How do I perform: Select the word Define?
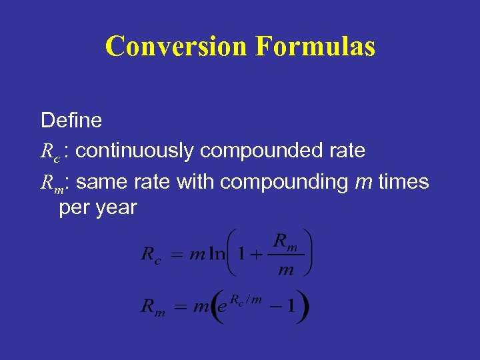pyautogui.click(x=71, y=121)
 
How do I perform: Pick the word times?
pyautogui.click(x=403, y=181)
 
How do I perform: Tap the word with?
pyautogui.click(x=195, y=181)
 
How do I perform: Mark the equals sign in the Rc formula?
pyautogui.click(x=177, y=255)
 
